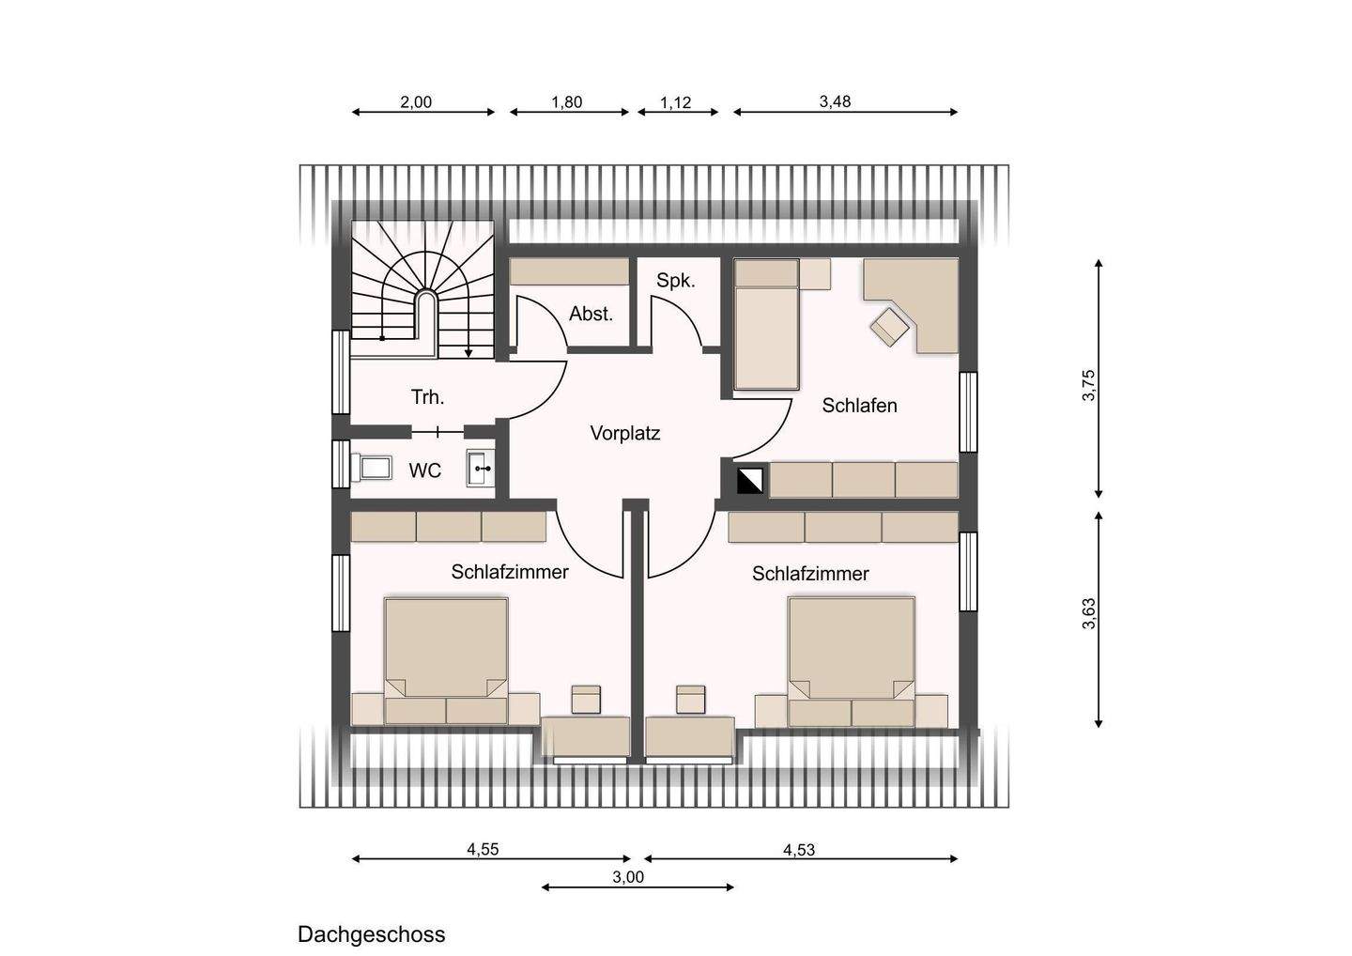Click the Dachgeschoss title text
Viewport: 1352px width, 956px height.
point(371,935)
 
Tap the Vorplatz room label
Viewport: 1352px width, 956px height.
point(625,433)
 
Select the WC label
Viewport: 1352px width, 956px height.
point(425,470)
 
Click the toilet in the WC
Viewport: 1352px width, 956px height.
point(371,469)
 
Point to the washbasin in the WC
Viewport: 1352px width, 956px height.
point(481,469)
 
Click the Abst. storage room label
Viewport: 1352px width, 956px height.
point(591,314)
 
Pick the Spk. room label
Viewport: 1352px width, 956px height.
point(676,281)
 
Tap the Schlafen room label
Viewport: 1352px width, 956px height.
point(859,406)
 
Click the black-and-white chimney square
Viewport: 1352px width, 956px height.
point(749,481)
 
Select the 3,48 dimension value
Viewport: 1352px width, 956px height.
point(835,101)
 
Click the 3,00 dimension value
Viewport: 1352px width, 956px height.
point(628,877)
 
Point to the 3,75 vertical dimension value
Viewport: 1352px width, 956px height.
point(1088,385)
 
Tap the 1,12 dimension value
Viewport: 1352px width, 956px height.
point(675,102)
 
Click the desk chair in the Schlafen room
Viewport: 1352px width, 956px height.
point(890,326)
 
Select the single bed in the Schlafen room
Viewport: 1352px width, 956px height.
point(767,324)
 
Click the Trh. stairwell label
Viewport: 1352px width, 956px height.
point(427,397)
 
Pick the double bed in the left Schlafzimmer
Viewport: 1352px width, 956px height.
point(446,661)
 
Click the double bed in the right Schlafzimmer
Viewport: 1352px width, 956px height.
point(851,662)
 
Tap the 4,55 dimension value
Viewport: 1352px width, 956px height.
point(483,849)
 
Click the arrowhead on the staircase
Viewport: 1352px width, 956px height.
point(469,353)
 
